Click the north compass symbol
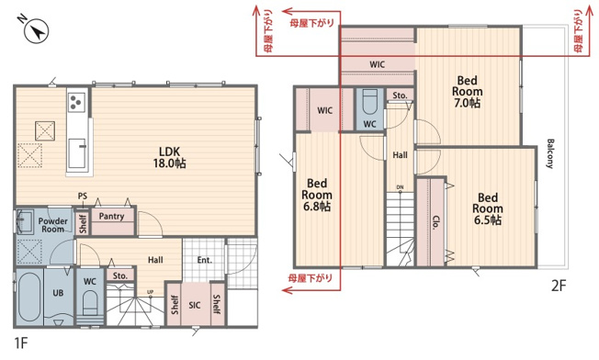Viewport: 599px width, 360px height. pos(37,31)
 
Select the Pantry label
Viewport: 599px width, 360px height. pos(112,217)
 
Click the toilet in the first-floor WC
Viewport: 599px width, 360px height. pos(90,300)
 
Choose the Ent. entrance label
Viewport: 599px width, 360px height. pos(204,260)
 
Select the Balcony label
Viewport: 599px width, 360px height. pos(550,153)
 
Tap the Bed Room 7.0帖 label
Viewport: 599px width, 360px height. pos(467,92)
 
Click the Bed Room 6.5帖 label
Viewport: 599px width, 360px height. pos(487,208)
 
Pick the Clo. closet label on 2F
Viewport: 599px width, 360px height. pos(434,222)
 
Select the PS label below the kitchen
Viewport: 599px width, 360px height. pos(83,197)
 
